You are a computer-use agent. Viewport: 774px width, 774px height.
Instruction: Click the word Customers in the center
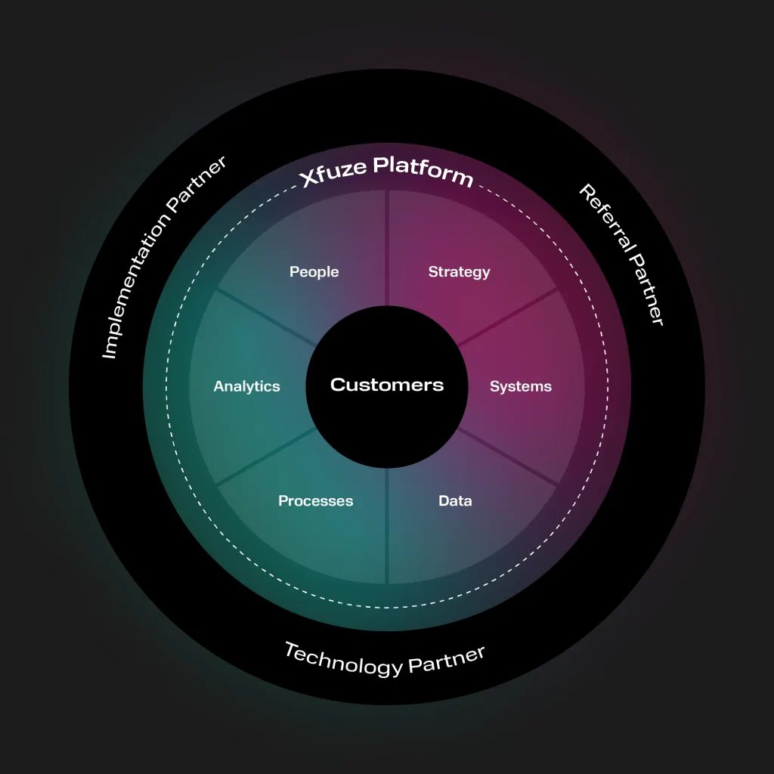[x=387, y=385]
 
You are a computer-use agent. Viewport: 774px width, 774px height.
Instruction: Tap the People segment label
[x=314, y=272]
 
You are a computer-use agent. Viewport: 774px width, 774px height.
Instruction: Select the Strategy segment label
[x=459, y=272]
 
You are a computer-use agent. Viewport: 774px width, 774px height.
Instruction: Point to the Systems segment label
[x=521, y=387]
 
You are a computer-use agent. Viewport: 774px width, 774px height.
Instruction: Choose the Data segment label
[x=455, y=501]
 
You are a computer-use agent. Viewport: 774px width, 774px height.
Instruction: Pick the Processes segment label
[x=315, y=501]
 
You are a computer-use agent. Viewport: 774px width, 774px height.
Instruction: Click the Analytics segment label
[x=246, y=387]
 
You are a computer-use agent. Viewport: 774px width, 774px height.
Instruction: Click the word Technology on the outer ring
[x=343, y=659]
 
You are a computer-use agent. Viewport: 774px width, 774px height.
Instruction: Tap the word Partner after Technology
[x=447, y=659]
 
